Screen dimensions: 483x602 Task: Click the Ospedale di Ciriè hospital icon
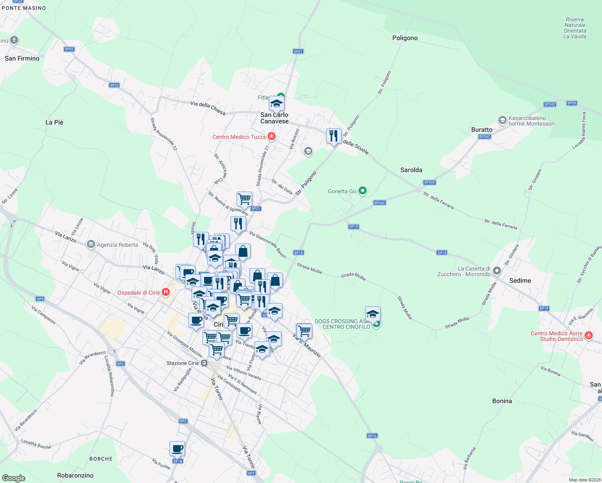point(165,292)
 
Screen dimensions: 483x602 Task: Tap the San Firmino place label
point(22,58)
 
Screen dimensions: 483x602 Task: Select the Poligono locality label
point(405,38)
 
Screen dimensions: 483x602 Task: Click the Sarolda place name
point(411,170)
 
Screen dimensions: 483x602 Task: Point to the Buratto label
point(482,130)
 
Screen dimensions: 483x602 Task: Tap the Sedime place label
point(520,281)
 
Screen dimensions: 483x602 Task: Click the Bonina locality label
point(502,401)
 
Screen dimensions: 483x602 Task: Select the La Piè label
point(54,122)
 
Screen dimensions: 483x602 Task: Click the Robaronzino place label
point(75,475)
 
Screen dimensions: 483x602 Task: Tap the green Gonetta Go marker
point(363,191)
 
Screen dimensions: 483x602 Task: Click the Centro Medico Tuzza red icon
point(272,137)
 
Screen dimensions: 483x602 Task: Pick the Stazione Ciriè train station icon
point(204,363)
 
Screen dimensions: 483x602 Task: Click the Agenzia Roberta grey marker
point(91,244)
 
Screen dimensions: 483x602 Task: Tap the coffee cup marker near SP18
point(177,448)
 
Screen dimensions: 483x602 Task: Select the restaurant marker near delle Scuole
point(334,136)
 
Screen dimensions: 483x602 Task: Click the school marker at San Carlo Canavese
point(276,103)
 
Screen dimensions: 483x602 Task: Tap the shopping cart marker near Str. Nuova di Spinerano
point(244,199)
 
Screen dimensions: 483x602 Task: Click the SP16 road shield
point(372,436)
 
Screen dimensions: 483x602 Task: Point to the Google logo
point(13,478)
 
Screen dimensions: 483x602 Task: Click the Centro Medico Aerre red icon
point(588,335)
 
